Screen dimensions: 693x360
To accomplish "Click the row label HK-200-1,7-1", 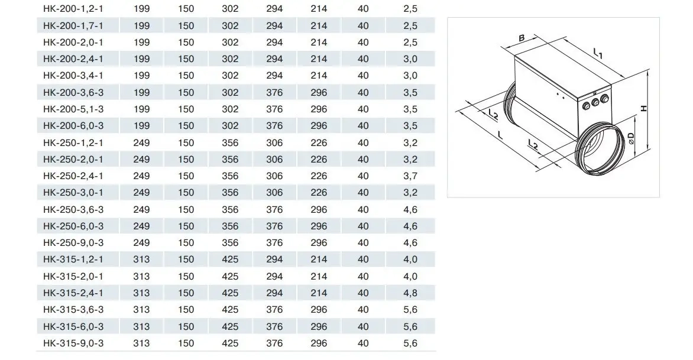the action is tap(73, 25).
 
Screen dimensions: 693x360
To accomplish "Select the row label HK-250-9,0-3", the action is tap(73, 242).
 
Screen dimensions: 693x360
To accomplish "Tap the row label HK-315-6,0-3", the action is tap(73, 326).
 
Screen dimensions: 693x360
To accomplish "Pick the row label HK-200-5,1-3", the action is tap(73, 109).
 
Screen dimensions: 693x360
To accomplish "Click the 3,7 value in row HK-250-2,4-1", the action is tap(410, 176).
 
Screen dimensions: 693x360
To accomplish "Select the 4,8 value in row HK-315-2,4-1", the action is tap(410, 293).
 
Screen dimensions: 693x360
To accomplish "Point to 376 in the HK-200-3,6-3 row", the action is tap(274, 92).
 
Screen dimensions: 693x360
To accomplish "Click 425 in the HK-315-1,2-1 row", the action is tap(230, 260).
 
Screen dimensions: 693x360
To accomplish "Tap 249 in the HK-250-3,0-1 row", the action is tap(141, 193).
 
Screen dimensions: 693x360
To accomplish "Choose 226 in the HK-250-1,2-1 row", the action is tap(319, 142).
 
